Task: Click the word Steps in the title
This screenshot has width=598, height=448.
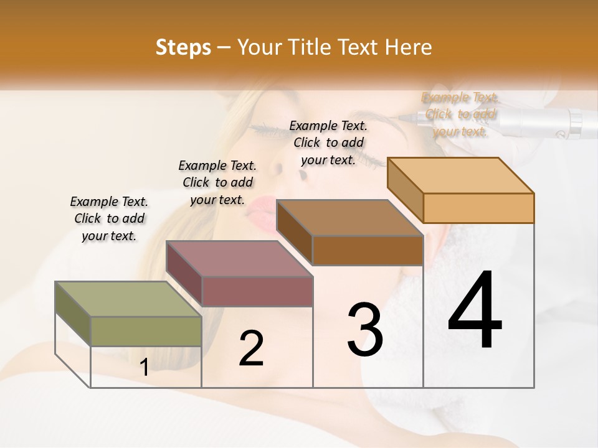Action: (183, 47)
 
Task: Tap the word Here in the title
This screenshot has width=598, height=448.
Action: (408, 47)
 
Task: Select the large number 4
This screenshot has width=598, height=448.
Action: (475, 311)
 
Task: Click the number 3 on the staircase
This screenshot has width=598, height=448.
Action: (365, 330)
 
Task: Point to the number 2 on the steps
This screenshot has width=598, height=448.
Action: (252, 348)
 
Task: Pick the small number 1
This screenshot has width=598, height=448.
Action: (144, 368)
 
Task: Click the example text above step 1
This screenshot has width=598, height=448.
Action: (109, 218)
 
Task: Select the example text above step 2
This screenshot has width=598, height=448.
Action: (217, 182)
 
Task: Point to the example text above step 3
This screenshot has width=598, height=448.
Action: (328, 142)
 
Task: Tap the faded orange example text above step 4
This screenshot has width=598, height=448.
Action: (460, 114)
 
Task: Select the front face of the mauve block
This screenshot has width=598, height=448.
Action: (257, 291)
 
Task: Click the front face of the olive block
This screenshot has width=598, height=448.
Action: (146, 331)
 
